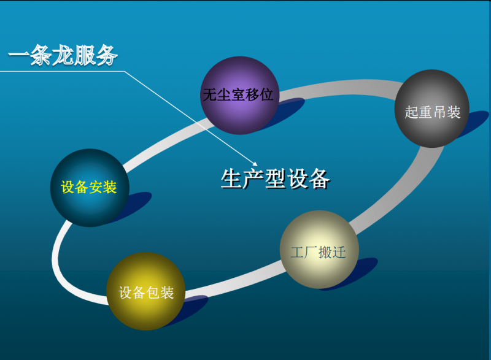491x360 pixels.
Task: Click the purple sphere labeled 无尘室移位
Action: coord(239,96)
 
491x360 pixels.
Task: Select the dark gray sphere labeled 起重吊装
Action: coord(432,109)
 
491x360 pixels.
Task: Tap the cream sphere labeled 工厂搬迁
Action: coord(319,250)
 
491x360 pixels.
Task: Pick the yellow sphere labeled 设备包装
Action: coord(145,291)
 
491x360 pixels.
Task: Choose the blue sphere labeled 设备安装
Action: coord(90,188)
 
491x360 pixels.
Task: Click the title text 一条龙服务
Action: coord(63,55)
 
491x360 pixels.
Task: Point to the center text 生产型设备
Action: coord(275,178)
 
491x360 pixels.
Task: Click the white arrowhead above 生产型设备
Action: coord(255,164)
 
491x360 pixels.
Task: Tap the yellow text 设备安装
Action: coord(89,187)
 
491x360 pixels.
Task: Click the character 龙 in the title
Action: coord(63,55)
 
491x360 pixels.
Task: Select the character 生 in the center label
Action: coord(231,178)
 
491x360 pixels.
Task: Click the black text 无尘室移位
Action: coord(238,94)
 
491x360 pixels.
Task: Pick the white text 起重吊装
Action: coord(433,112)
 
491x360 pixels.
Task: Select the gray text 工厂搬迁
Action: coord(318,253)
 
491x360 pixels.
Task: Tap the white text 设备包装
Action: coord(146,293)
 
